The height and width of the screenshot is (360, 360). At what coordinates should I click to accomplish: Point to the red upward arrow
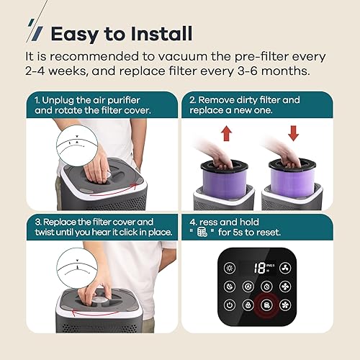(228, 135)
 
